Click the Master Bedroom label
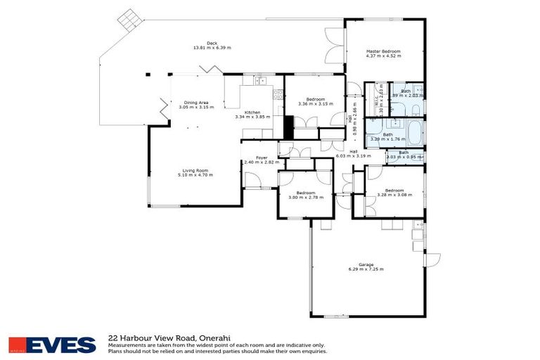click(383, 51)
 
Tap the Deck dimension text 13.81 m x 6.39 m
click(212, 48)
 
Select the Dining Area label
click(196, 102)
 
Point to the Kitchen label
click(252, 112)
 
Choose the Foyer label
click(262, 157)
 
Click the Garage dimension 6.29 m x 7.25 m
click(366, 269)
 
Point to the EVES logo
click(53, 345)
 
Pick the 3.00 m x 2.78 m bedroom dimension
click(305, 197)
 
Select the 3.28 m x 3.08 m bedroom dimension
click(391, 195)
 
